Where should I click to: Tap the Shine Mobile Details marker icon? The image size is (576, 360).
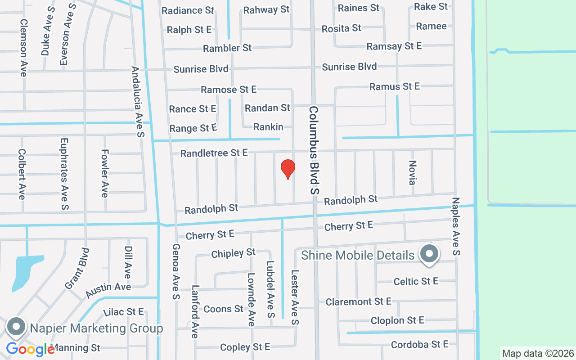[x=429, y=254]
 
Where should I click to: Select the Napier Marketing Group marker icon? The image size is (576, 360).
[x=17, y=327]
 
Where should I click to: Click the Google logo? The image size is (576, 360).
[x=30, y=349]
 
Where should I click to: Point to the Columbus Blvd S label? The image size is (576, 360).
[x=314, y=150]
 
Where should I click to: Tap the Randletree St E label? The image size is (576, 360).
[x=214, y=153]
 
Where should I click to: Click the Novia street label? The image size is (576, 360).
[x=412, y=172]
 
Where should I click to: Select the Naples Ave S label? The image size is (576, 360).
[x=456, y=226]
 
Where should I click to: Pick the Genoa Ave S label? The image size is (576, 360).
[x=176, y=272]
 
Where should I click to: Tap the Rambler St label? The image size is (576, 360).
[x=227, y=48]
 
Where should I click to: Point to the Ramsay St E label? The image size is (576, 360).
[x=394, y=46]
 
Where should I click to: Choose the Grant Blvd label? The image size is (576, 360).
[x=76, y=268]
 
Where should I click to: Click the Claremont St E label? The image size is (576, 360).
[x=359, y=301]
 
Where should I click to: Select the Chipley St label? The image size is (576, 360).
[x=234, y=253]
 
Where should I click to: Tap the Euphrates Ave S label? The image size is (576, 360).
[x=64, y=174]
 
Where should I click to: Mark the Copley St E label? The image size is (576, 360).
[x=245, y=347]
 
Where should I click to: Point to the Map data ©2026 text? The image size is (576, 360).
[x=538, y=353]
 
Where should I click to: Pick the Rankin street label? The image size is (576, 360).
[x=268, y=127]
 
